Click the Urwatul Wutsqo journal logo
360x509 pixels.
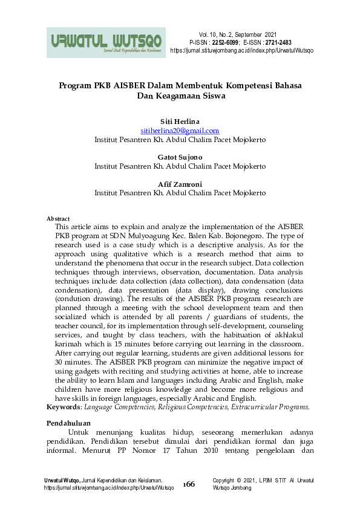click(x=106, y=42)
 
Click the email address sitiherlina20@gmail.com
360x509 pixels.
click(x=180, y=131)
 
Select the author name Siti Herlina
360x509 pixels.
click(x=180, y=122)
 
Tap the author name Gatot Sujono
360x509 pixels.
click(x=180, y=157)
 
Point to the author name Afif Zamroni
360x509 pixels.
click(x=180, y=184)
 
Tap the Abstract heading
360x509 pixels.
click(x=59, y=218)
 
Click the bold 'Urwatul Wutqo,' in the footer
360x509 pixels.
click(x=62, y=480)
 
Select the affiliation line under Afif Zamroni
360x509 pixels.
click(x=180, y=193)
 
